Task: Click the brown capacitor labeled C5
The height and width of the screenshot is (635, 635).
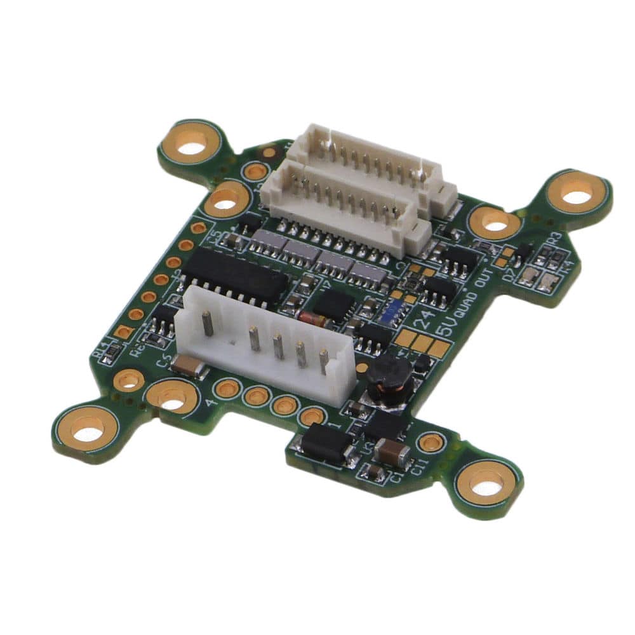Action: pyautogui.click(x=189, y=366)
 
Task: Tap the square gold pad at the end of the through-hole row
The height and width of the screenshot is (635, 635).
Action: pyautogui.click(x=123, y=331)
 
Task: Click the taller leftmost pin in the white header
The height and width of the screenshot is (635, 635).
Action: pyautogui.click(x=207, y=324)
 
